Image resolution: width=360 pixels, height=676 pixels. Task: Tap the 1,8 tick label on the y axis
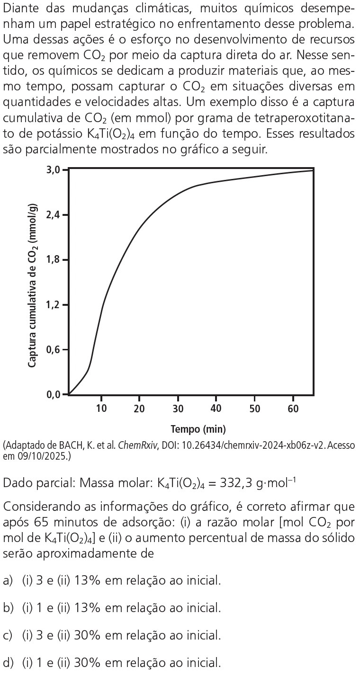pos(54,260)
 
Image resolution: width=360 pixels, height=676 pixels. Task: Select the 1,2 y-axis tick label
pos(54,305)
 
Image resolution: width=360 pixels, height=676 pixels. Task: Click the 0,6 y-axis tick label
pos(54,350)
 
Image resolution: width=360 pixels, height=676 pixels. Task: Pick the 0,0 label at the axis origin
pos(54,394)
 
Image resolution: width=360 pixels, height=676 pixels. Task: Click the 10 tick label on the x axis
pos(101,409)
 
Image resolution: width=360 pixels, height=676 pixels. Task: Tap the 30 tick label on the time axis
pos(178,409)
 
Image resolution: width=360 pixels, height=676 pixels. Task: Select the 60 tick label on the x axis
pos(293,409)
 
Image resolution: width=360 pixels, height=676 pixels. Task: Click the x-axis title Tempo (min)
pos(198,429)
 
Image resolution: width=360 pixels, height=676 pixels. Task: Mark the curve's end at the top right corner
pos(313,170)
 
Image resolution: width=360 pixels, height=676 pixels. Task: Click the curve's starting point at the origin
pos(69,394)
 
